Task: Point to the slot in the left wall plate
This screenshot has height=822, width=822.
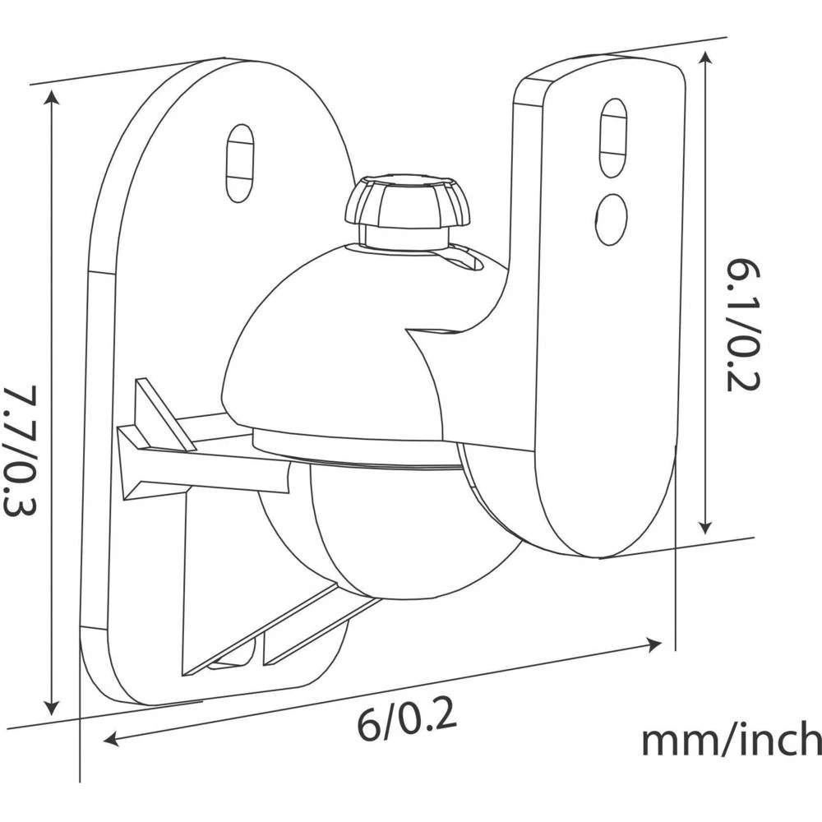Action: pos(239,163)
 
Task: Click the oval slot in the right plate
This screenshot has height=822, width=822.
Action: pos(612,136)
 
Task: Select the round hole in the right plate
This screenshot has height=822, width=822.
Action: pos(612,219)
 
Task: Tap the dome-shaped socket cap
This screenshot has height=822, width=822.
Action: pos(329,353)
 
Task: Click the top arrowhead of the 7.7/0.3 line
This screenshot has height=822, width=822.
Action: pos(52,97)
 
